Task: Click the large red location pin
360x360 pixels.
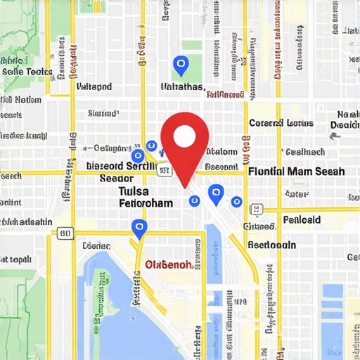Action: [184, 141]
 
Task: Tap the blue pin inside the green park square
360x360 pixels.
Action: [181, 66]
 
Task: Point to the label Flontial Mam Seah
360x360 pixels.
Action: [296, 171]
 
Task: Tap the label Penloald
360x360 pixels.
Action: [302, 220]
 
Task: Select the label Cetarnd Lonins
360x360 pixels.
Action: [281, 123]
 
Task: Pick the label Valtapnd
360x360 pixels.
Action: [94, 87]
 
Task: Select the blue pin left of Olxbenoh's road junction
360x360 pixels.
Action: [139, 227]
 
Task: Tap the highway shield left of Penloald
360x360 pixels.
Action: [257, 209]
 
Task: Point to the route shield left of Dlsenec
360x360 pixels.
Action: [65, 233]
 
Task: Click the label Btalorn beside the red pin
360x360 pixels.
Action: [224, 151]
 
